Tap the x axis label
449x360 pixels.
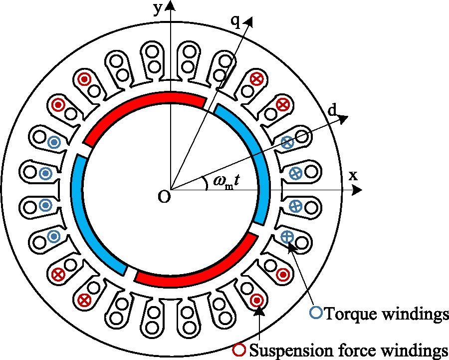tap(353, 175)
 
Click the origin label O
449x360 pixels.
tap(163, 197)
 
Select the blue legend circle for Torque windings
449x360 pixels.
tap(316, 313)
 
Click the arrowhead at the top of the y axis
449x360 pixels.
tap(171, 5)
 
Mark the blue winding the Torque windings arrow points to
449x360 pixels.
tap(287, 237)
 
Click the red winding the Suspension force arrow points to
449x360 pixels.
tap(257, 300)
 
